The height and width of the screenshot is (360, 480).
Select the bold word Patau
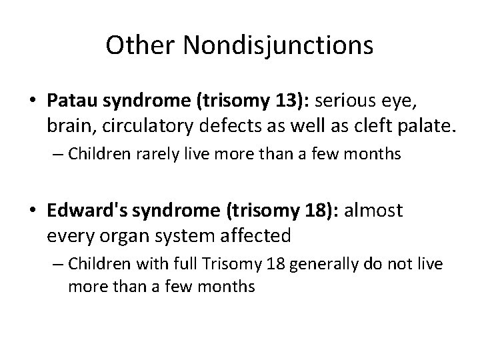coord(70,101)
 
